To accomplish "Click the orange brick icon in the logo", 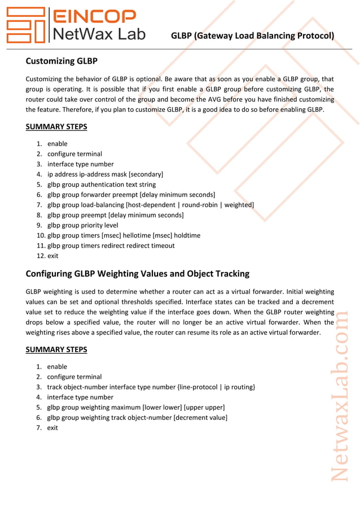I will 25,25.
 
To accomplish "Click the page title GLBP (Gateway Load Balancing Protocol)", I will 252,36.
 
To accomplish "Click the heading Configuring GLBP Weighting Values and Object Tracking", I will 137,274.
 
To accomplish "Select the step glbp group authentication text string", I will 102,185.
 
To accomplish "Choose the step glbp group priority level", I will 83,225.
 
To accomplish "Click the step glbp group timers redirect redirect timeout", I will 111,245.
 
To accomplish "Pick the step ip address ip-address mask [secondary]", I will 105,174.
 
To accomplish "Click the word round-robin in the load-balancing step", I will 201,205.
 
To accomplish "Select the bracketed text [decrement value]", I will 200,418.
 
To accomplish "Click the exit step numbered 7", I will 52,428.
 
